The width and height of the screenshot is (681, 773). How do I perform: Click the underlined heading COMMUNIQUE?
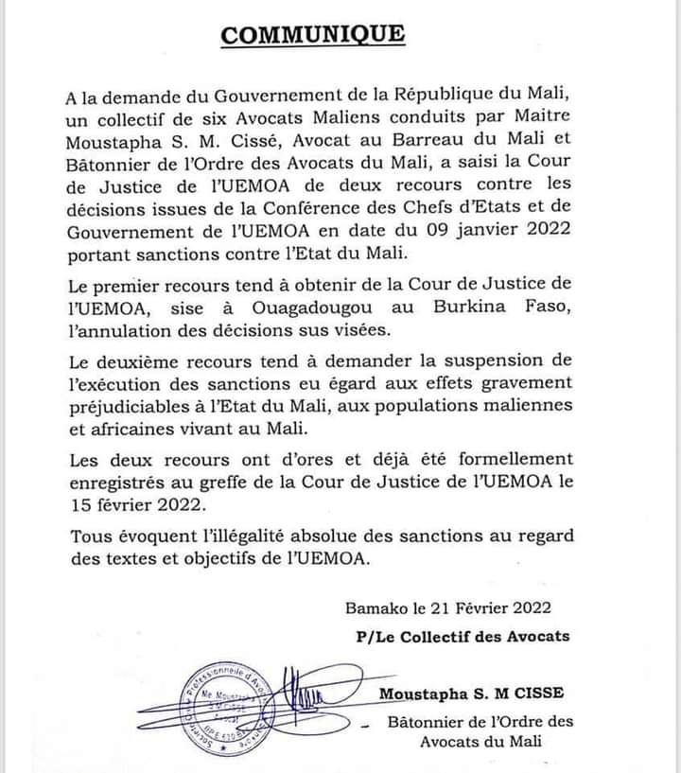312,35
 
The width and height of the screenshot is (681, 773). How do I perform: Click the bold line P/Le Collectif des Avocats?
458,636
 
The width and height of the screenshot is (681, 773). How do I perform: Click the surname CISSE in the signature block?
537,695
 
